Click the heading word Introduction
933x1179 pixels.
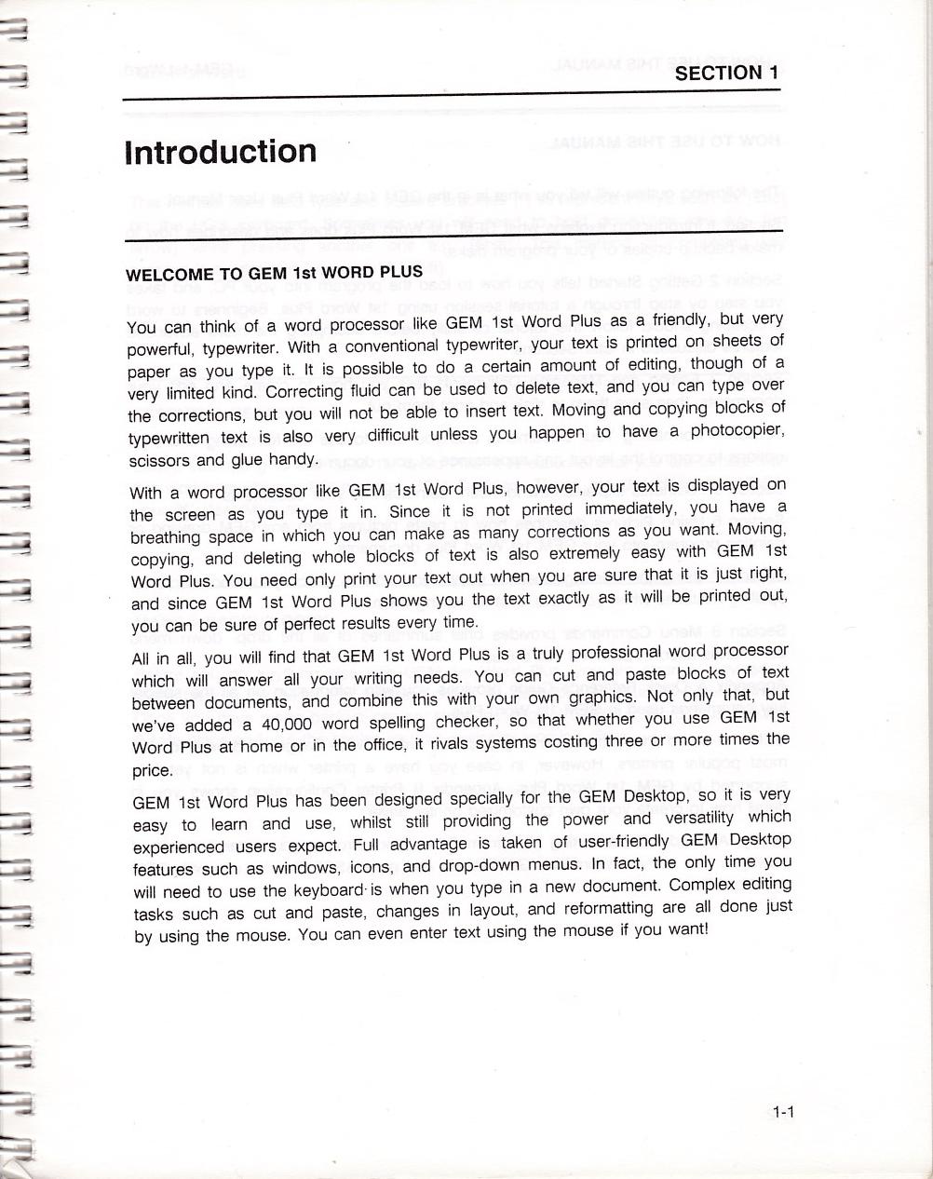220,152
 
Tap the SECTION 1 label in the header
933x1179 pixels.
726,74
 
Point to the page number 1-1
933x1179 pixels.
781,1111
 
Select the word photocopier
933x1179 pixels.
739,431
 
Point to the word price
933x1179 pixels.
152,770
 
